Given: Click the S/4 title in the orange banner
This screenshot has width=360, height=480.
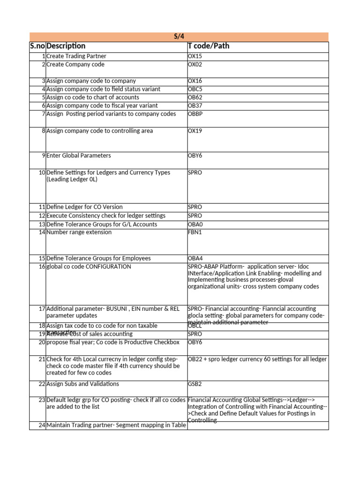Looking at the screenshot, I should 179,37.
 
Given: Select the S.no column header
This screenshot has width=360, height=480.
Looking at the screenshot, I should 37,46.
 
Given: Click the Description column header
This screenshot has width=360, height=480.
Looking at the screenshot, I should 66,46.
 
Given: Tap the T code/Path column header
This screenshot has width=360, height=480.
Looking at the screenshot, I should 209,46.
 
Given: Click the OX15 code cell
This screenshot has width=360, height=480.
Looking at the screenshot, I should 195,56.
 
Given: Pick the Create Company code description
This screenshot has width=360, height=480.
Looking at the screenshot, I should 75,65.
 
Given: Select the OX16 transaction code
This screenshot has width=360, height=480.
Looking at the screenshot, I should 195,81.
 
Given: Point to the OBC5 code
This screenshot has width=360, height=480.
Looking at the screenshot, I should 195,89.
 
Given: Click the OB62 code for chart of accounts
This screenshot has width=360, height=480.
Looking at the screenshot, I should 195,97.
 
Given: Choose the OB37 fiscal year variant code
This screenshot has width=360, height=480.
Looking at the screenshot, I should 195,106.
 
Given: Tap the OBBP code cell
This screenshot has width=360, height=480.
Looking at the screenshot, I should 195,114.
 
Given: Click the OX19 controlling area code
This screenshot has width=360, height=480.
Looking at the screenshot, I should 195,131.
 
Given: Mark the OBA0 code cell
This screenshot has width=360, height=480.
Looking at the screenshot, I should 195,225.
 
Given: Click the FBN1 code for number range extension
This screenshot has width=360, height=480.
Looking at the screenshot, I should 195,232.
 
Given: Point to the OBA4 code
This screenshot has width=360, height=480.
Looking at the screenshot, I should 195,258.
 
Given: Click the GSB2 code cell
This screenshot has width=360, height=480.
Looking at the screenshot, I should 195,384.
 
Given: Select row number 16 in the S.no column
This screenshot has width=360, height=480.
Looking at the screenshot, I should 42,267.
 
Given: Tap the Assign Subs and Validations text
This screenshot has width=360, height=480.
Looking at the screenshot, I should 82,384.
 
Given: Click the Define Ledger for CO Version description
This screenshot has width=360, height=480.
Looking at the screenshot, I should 84,207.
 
